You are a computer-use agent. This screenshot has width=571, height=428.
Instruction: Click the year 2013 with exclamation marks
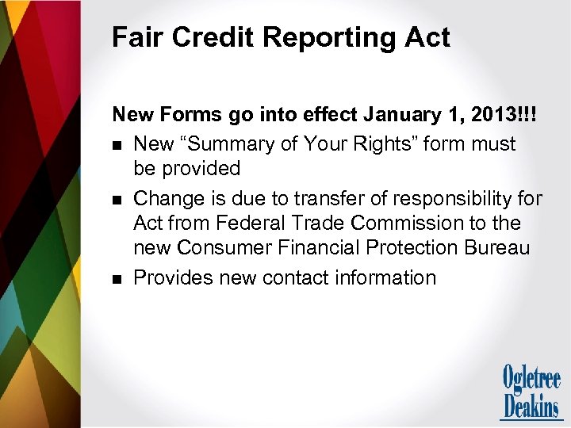pyautogui.click(x=504, y=114)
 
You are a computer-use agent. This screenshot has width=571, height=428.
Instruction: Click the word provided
pyautogui.click(x=203, y=168)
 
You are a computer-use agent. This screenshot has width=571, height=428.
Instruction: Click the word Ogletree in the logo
pyautogui.click(x=531, y=378)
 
